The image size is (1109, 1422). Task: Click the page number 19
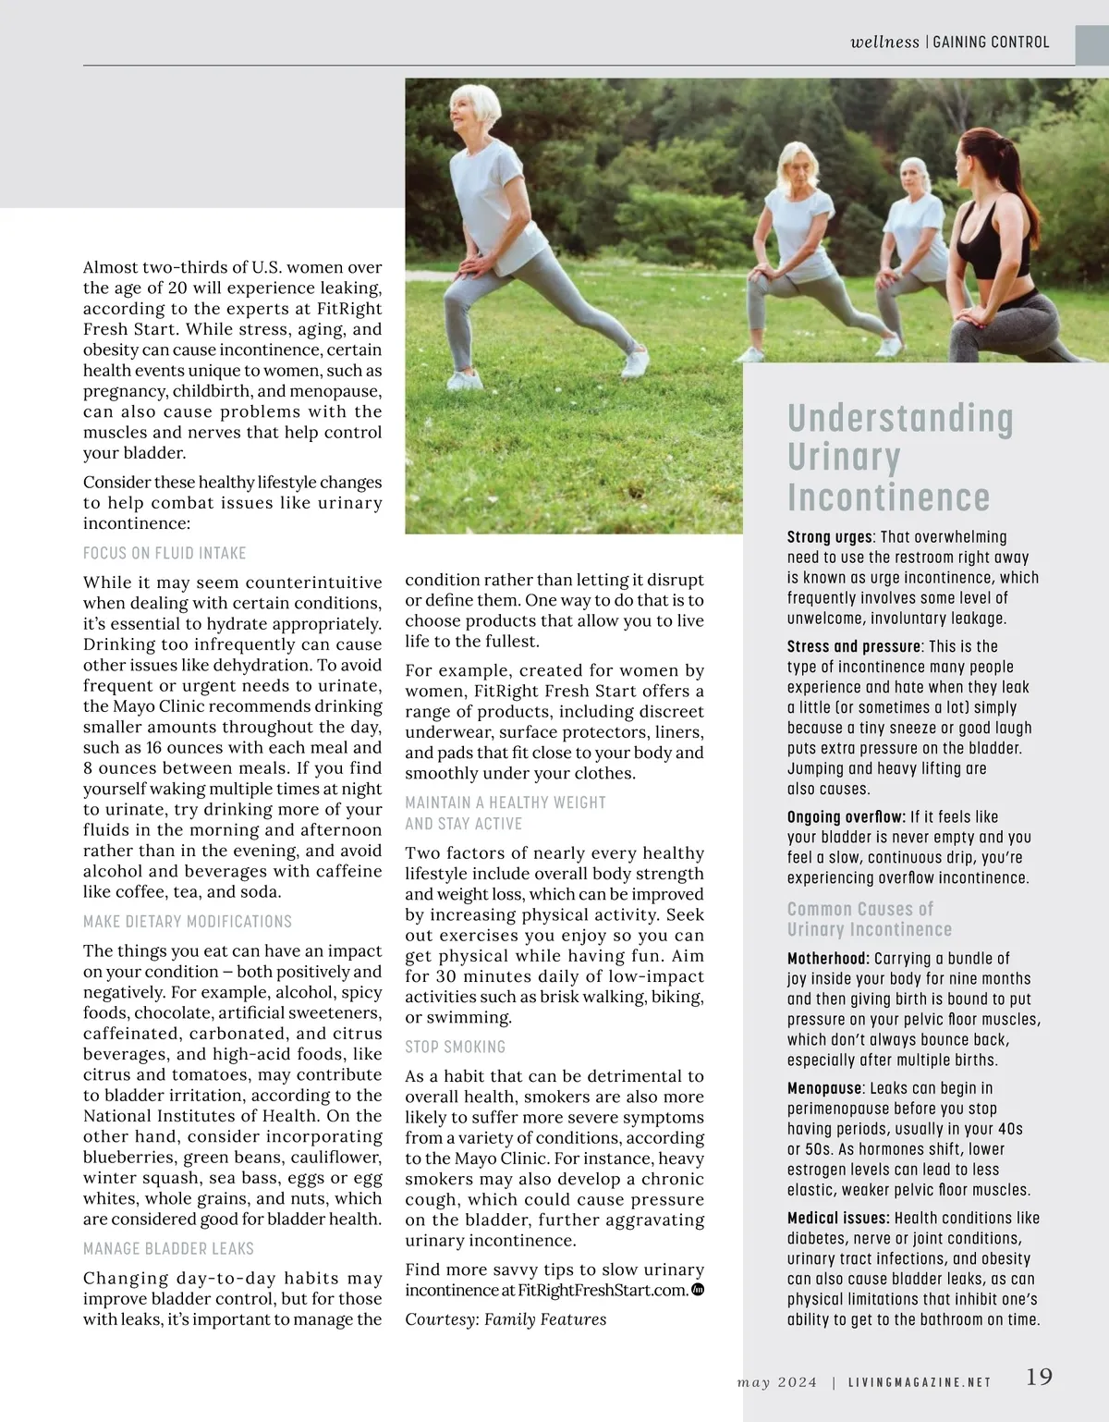[x=1039, y=1377]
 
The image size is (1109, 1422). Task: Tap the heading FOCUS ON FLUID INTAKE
[x=165, y=553]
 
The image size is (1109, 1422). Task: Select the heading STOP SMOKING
[x=455, y=1047]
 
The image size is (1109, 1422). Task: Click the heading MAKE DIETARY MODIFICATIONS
[x=187, y=921]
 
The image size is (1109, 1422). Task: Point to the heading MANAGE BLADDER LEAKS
[x=168, y=1248]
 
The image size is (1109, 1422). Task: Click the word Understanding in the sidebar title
[x=900, y=419]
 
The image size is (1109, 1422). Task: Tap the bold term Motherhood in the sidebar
[x=828, y=958]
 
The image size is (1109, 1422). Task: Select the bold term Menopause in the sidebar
[x=824, y=1088]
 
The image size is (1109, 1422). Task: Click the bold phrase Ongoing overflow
[x=846, y=816]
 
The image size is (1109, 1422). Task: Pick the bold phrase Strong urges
[x=830, y=537]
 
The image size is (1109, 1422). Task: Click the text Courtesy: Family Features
[x=506, y=1319]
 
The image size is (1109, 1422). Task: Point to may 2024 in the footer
[x=777, y=1382]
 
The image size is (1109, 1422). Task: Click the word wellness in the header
[x=884, y=42]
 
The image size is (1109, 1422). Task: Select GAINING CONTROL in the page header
[x=991, y=42]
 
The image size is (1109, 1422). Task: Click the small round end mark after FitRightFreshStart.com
[x=698, y=1290]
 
